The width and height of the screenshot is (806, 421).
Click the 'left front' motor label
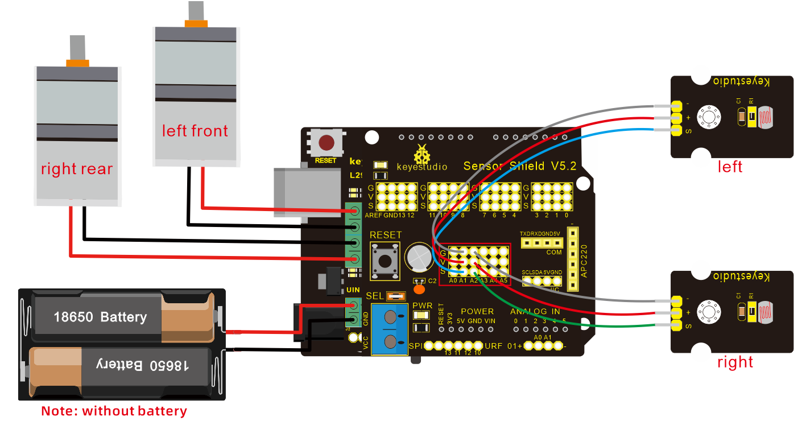pyautogui.click(x=195, y=131)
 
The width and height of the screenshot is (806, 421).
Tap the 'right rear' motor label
pyautogui.click(x=77, y=169)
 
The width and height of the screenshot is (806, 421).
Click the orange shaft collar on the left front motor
pyautogui.click(x=195, y=23)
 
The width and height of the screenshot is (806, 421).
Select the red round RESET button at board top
pyautogui.click(x=326, y=142)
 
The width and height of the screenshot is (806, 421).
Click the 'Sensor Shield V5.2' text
pyautogui.click(x=520, y=166)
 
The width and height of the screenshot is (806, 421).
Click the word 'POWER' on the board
pyautogui.click(x=477, y=311)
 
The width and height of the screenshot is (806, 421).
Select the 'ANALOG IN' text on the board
pyautogui.click(x=535, y=311)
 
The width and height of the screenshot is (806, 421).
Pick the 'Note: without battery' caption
pyautogui.click(x=114, y=411)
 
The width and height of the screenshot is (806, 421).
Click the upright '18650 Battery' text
pyautogui.click(x=100, y=317)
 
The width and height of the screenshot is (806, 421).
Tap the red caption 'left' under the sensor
pyautogui.click(x=730, y=167)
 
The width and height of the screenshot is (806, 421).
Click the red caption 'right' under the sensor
pyautogui.click(x=735, y=362)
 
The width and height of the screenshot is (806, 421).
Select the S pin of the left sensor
pyautogui.click(x=676, y=131)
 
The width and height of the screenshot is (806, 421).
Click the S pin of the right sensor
pyautogui.click(x=676, y=325)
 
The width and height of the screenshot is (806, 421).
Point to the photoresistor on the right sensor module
pyautogui.click(x=765, y=312)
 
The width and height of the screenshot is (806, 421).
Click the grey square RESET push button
pyautogui.click(x=385, y=261)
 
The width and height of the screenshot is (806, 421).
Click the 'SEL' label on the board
pyautogui.click(x=375, y=296)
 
